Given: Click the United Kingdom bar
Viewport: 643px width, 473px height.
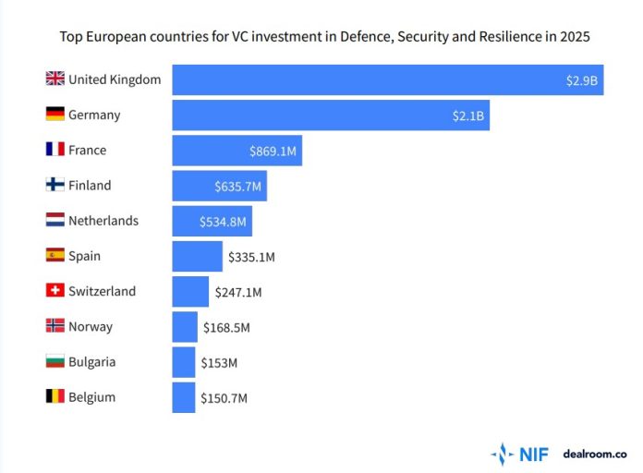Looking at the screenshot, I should point(387,79).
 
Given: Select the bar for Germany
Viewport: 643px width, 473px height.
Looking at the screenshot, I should point(330,115).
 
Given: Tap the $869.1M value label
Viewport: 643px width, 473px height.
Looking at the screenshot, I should point(273,151).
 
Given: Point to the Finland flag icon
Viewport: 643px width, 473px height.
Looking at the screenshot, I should point(55,186).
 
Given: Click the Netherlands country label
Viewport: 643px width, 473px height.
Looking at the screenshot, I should point(103,221).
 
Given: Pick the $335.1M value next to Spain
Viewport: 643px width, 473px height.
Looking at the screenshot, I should point(250,257).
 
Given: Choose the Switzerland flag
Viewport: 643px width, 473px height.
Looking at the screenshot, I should point(55,291).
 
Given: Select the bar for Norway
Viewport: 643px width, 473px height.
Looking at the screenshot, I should point(185,327).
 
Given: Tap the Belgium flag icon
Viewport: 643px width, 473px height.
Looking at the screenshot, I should point(55,397).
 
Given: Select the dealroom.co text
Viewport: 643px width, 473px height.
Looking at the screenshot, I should point(594,454).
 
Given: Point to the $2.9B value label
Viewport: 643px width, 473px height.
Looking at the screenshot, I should point(582,80).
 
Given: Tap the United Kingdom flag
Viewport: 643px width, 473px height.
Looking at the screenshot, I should point(55,79).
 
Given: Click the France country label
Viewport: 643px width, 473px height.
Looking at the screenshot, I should point(87,151).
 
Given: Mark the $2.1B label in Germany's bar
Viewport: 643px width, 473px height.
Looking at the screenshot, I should point(468,115).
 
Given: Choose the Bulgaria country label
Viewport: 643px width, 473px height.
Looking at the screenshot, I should point(91,362).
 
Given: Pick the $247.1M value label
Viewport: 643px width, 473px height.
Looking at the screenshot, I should point(237,292).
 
